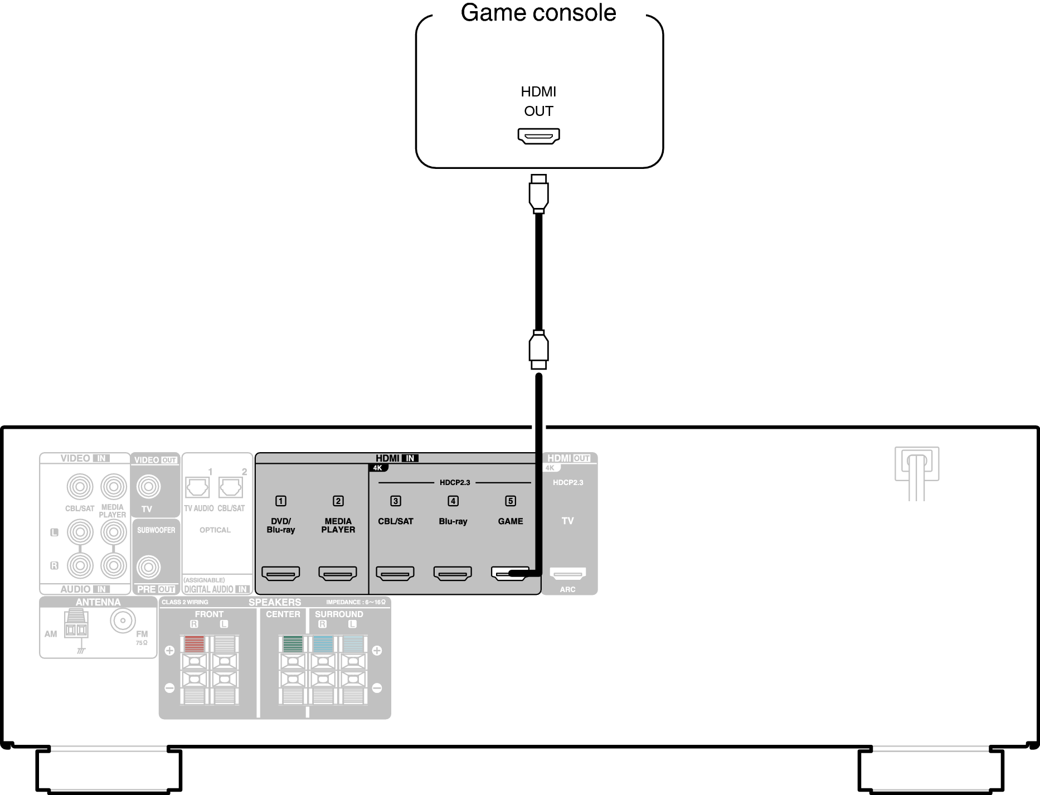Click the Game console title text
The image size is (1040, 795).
538,13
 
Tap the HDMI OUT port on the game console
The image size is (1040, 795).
538,135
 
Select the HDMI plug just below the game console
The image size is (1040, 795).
538,193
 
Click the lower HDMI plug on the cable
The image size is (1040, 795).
538,350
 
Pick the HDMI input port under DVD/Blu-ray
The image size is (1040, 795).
280,573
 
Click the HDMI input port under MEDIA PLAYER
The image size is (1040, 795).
338,573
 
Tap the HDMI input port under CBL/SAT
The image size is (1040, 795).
395,573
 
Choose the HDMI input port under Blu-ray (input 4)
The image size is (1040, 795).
453,573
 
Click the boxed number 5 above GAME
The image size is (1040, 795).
511,501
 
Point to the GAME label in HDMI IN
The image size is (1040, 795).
511,521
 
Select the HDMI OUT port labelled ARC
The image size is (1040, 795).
568,573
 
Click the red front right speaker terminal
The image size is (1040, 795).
195,644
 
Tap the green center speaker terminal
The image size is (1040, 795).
293,644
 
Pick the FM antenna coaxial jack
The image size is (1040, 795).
123,621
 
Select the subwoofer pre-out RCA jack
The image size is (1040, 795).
149,568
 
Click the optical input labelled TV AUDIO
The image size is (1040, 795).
197,487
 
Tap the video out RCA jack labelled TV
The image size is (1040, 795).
148,487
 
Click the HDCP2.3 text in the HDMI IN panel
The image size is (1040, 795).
455,482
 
